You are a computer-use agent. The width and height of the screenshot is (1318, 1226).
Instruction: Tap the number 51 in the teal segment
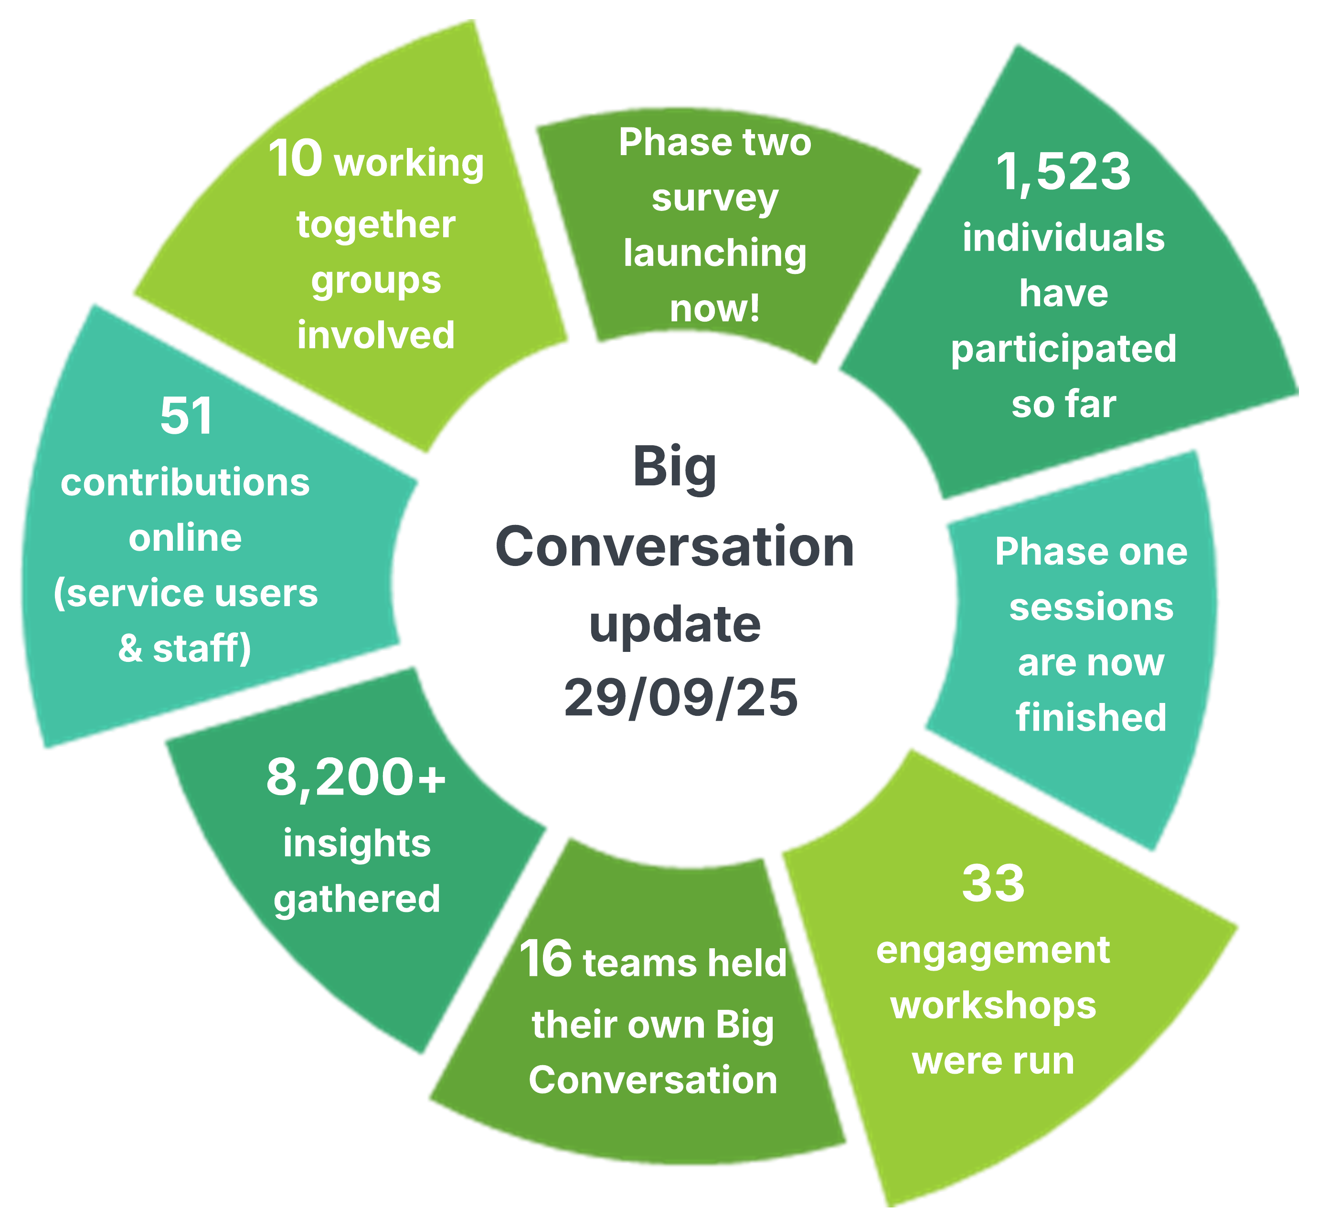(186, 416)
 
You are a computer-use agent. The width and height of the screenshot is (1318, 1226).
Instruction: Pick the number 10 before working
(296, 159)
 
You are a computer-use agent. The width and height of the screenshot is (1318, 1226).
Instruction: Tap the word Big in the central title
(674, 467)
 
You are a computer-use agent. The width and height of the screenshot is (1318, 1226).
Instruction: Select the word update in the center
(674, 624)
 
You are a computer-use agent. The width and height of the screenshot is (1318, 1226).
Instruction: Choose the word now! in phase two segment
(715, 308)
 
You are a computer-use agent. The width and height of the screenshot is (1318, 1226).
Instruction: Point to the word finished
(1091, 717)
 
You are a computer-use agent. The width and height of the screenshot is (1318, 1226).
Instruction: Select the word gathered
(357, 899)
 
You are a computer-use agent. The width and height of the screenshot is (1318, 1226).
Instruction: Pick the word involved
(375, 335)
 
